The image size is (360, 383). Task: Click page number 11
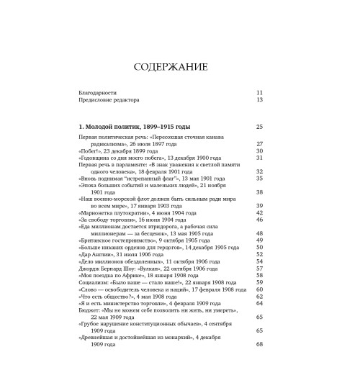point(260,93)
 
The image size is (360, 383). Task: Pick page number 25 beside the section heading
point(260,127)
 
